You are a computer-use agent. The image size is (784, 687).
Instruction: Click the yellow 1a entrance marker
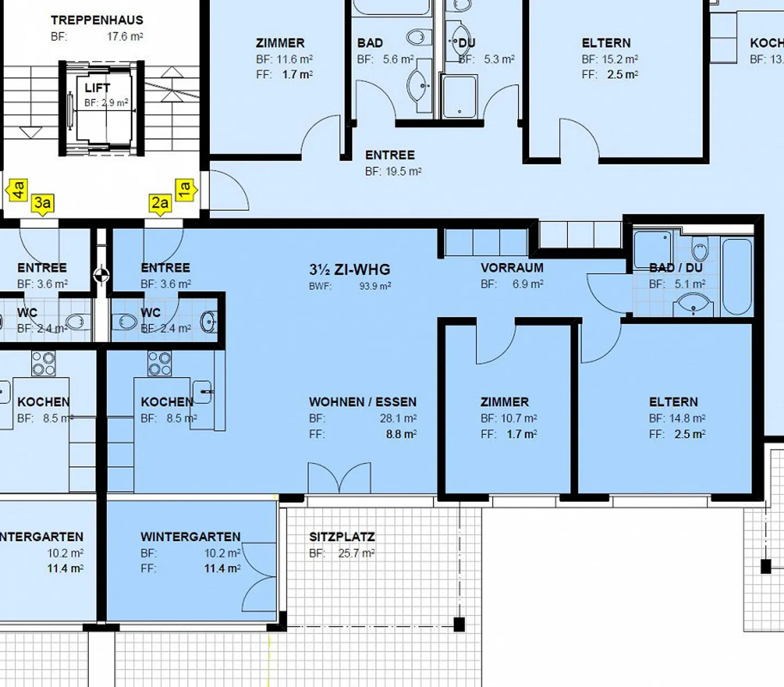185,190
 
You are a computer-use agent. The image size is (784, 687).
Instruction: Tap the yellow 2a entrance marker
160,204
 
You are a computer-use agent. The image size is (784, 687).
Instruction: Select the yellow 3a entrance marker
42,204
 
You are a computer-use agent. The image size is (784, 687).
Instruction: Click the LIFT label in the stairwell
97,88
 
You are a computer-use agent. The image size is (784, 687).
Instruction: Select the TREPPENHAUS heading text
97,20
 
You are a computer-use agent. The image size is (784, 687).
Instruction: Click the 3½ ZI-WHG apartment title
350,269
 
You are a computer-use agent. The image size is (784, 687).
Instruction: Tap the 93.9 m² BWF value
375,286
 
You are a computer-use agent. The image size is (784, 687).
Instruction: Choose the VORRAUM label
512,268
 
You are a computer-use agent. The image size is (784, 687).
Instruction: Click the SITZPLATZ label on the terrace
342,537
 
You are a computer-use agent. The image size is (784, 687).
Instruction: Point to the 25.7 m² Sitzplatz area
356,554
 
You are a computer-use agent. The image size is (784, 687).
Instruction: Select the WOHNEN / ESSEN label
363,402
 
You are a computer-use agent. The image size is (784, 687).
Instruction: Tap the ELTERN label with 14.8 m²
673,402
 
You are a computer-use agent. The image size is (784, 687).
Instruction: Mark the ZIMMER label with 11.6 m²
280,43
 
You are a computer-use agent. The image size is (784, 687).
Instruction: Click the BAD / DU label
676,268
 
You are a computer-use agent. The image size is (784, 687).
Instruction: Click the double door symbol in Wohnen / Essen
339,478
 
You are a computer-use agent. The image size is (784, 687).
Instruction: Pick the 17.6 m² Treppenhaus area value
125,37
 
